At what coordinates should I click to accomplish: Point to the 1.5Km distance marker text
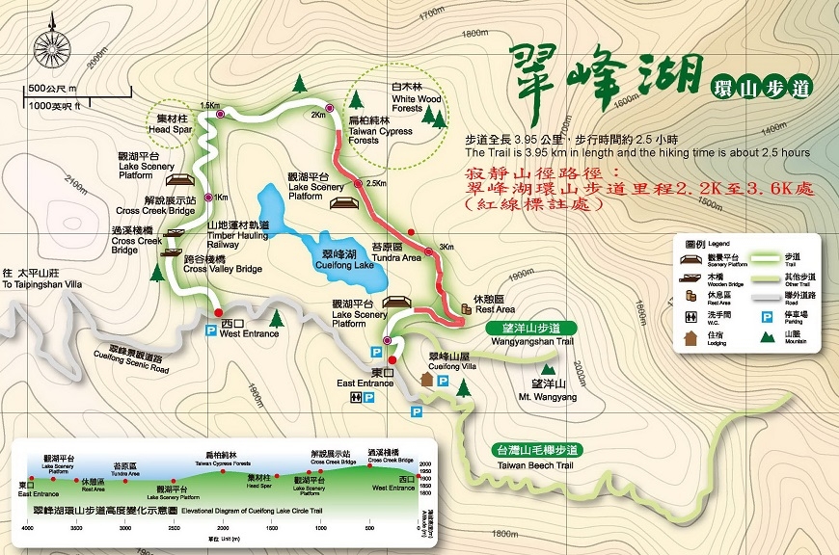(x=209, y=106)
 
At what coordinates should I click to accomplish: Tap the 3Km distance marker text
(x=446, y=247)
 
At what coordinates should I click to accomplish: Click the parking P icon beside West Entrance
(x=210, y=330)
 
